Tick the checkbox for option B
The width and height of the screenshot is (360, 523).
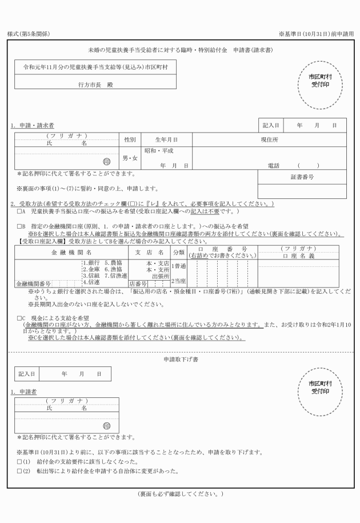pos(19,226)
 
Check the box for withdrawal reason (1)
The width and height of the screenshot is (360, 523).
pos(19,461)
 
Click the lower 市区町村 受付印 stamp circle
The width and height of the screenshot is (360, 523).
pos(321,387)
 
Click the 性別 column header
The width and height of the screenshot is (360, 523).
pos(129,139)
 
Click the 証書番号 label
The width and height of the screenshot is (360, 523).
pos(302,177)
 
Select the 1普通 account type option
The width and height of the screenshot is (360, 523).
pos(178,266)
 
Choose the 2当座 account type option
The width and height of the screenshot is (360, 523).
pos(178,281)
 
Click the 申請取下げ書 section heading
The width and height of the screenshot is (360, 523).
pos(181,359)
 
